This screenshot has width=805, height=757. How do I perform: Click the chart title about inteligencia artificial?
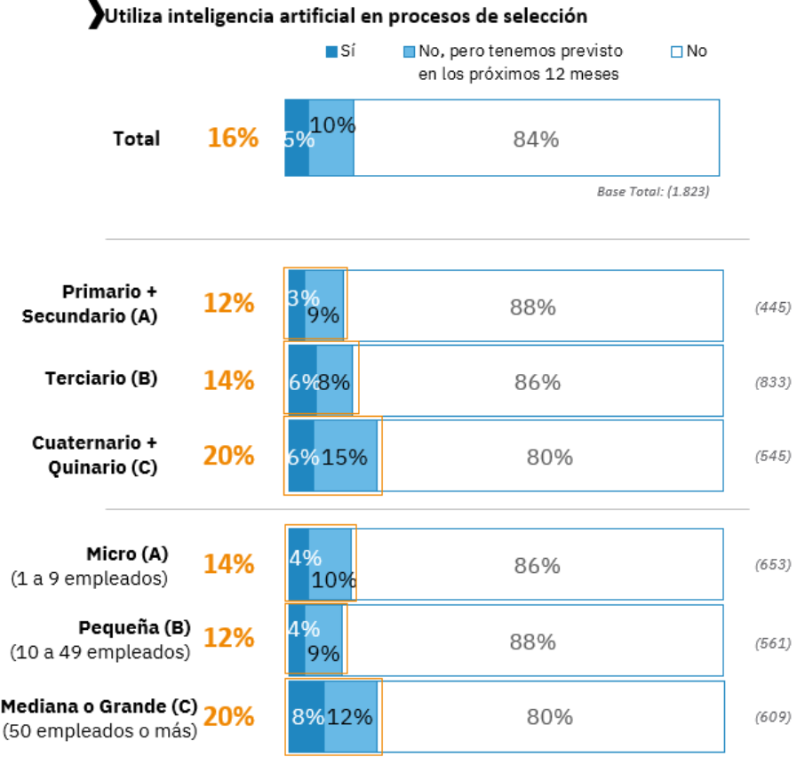[346, 16]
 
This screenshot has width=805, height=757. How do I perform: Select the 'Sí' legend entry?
[341, 52]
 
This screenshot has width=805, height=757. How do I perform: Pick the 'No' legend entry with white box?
[689, 52]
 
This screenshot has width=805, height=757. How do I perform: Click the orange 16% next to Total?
[233, 138]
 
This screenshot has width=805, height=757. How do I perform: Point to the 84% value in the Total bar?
[536, 139]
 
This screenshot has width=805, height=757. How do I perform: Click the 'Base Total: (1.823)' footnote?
[653, 190]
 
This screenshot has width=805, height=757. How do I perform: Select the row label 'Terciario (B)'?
[101, 378]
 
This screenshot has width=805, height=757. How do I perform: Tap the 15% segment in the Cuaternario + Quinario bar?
[345, 457]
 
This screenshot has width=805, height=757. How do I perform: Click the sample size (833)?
[772, 382]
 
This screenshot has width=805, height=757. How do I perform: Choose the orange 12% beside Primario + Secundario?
[228, 304]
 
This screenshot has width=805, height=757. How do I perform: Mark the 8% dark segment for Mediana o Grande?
[306, 717]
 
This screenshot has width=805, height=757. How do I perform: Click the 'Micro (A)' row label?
[127, 554]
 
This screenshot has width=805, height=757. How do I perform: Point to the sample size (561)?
[772, 642]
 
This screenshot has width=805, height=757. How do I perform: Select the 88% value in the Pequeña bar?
[533, 641]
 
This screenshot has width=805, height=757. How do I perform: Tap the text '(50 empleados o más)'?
[100, 732]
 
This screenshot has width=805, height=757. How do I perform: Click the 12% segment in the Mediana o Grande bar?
[350, 717]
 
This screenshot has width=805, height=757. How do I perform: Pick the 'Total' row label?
[137, 139]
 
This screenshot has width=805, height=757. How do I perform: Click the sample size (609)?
[772, 717]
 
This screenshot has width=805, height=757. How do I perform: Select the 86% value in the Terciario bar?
[538, 382]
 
